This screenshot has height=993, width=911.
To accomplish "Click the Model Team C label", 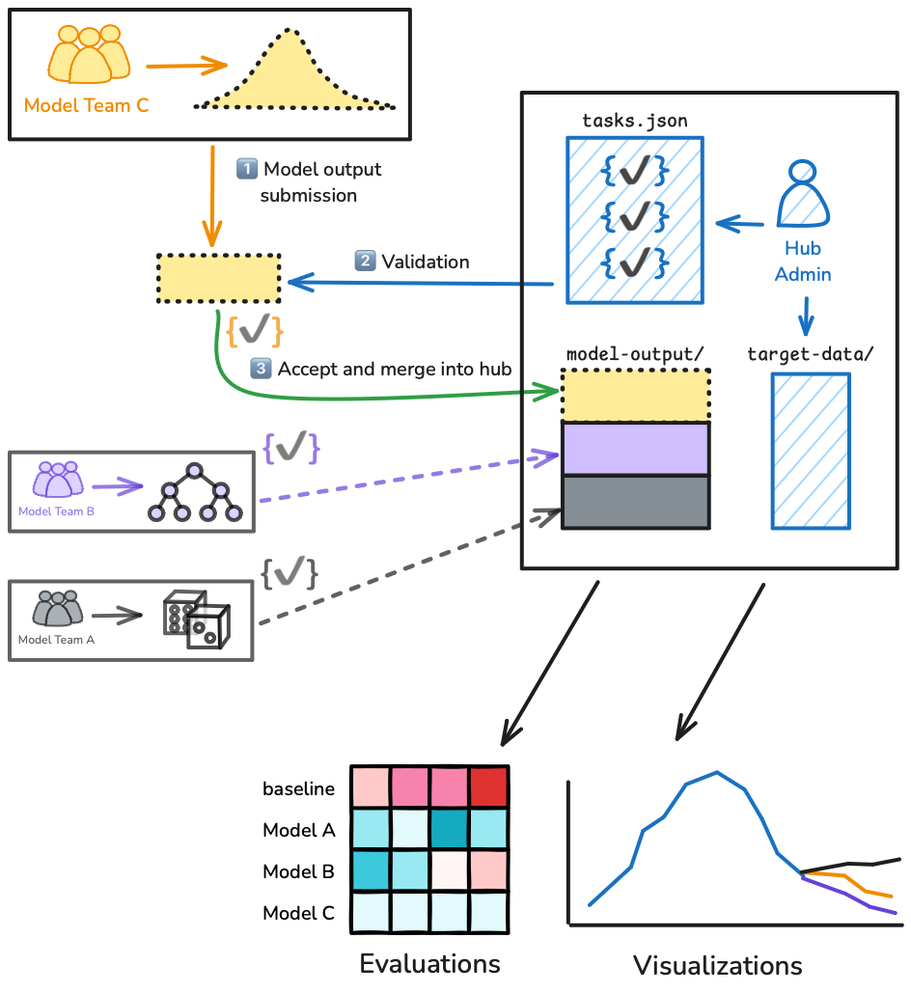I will [x=86, y=105].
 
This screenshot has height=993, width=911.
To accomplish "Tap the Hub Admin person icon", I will [x=803, y=193].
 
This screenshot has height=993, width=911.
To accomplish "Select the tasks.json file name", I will [x=634, y=121].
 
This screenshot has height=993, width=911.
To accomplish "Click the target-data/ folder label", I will [x=811, y=353].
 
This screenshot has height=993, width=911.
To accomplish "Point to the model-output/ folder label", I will [x=634, y=353].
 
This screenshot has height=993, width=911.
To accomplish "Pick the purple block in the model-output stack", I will [x=635, y=449].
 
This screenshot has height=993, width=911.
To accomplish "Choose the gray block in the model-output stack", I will [x=635, y=502].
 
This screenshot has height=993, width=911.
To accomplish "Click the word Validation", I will [x=426, y=262].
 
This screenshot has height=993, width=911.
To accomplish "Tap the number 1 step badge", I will [x=247, y=169].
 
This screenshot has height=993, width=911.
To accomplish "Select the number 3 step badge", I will [x=261, y=369].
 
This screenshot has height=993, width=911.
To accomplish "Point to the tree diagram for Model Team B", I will [x=193, y=494].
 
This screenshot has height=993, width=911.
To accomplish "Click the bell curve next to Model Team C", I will [x=294, y=72].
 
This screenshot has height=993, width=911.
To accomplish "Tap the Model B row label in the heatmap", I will [x=298, y=871].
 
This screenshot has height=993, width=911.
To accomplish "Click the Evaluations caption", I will [x=429, y=963].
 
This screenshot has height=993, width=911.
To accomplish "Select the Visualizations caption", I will [x=717, y=965].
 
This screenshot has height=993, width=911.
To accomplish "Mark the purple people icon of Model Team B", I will [x=58, y=480].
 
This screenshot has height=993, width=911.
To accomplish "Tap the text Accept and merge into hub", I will [x=394, y=369].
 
